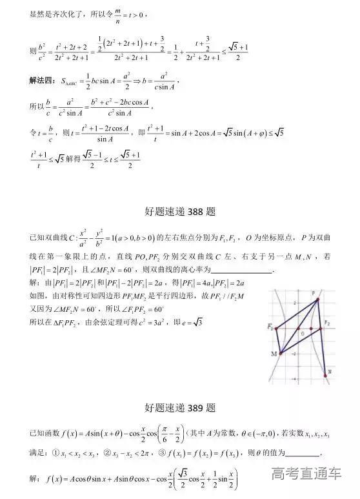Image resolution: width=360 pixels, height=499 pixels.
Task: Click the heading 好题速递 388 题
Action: tap(180, 212)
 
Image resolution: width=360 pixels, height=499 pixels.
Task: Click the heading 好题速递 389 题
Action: tap(180, 408)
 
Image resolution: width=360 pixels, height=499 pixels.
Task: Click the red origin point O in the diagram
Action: tap(300, 329)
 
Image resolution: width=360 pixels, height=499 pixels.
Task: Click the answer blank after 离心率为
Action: tap(243, 271)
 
